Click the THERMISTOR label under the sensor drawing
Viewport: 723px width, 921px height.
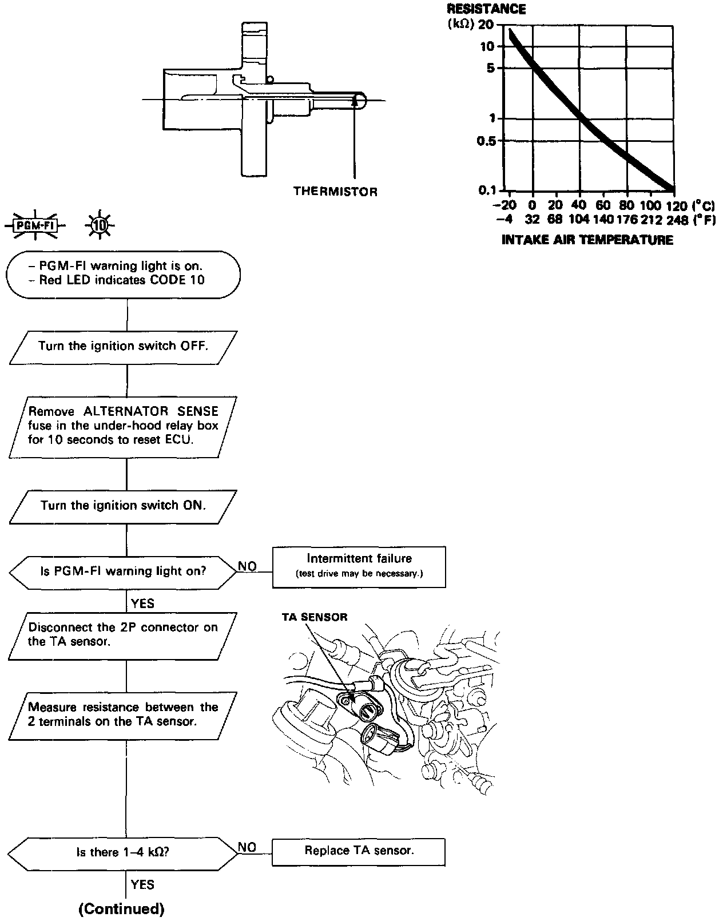335,192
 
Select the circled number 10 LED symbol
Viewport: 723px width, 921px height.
100,225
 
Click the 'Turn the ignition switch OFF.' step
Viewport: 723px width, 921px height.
123,346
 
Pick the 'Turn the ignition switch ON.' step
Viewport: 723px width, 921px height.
123,506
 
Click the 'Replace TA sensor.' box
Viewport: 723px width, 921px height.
359,851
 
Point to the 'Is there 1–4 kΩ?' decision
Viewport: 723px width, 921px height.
122,852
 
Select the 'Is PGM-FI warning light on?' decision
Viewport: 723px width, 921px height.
122,571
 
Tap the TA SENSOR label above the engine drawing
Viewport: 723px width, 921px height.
314,617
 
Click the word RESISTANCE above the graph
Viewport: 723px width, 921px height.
486,9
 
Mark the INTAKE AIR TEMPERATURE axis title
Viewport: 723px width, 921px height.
587,240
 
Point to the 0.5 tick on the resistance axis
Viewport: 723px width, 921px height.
487,141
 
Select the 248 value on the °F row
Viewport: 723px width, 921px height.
677,220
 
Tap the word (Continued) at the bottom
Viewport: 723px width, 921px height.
121,908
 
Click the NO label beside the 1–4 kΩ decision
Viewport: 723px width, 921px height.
247,847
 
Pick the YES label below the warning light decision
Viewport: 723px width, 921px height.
142,604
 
